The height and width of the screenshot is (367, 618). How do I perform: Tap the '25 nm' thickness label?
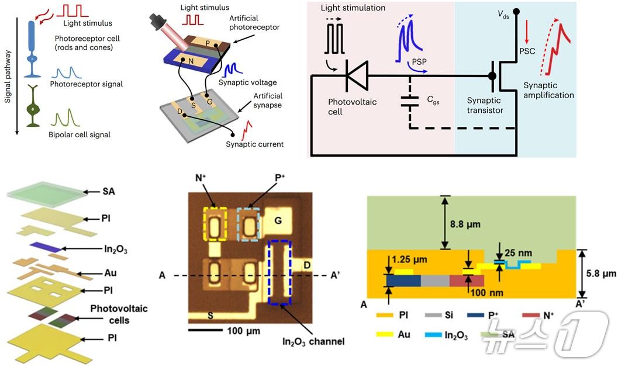[x=516, y=253]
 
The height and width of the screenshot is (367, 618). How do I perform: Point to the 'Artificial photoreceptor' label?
[x=258, y=23]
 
